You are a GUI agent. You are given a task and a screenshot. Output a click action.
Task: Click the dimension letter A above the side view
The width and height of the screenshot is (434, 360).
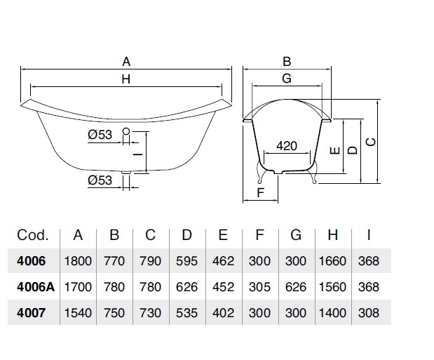(126, 61)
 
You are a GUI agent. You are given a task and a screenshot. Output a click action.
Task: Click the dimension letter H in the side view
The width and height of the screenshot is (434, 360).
(126, 79)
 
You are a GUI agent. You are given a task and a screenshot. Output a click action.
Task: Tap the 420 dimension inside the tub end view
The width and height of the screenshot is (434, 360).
(286, 146)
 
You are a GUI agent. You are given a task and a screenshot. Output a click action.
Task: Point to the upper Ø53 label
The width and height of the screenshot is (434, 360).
(101, 135)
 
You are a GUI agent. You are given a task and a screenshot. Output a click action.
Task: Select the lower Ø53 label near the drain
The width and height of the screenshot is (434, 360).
(100, 180)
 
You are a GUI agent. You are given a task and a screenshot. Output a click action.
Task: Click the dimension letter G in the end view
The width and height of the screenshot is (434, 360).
(286, 79)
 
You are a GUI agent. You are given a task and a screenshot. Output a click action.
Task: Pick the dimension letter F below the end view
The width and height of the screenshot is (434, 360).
(260, 192)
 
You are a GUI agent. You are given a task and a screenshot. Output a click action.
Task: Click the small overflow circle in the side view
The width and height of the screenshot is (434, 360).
(126, 131)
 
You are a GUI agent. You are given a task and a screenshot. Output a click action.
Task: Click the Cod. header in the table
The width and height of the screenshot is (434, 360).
(32, 235)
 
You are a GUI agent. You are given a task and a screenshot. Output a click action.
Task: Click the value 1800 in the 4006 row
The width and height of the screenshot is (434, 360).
(78, 261)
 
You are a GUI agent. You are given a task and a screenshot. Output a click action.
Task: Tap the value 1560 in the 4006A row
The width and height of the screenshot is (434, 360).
(332, 286)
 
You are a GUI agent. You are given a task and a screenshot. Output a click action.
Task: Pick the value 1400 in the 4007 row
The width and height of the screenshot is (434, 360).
(332, 312)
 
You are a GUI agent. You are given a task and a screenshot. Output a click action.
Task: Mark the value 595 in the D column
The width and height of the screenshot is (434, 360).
(187, 261)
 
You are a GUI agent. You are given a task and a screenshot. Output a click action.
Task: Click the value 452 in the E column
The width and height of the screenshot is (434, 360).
(224, 286)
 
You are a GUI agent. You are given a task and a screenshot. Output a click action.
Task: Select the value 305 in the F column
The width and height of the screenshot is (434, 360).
(259, 286)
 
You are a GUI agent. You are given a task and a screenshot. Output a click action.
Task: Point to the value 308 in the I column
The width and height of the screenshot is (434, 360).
(368, 312)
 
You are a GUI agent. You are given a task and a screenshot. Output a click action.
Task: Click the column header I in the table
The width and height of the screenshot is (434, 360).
(368, 235)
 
